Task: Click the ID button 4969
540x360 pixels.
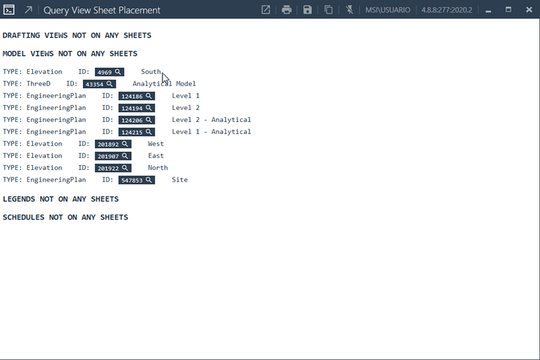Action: click(x=109, y=72)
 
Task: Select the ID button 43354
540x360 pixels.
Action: click(x=100, y=84)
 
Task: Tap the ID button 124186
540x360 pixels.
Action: click(x=137, y=96)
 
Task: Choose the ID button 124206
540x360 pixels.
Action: click(x=137, y=120)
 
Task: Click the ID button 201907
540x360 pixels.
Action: click(x=113, y=156)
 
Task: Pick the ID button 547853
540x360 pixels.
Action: click(x=137, y=180)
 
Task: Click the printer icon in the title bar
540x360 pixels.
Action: click(x=286, y=10)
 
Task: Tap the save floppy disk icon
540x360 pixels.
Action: click(x=307, y=10)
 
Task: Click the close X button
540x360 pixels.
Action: click(x=530, y=10)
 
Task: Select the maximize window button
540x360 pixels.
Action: click(x=509, y=9)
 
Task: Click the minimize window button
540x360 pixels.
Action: click(x=488, y=11)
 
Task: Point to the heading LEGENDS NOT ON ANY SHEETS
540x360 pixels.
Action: click(x=61, y=199)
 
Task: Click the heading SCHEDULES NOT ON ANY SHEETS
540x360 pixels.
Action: click(x=65, y=217)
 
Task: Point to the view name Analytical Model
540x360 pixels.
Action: click(x=164, y=84)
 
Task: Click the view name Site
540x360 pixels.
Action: click(x=180, y=180)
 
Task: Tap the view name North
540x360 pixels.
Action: click(x=158, y=168)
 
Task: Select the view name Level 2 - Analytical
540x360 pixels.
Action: click(x=211, y=120)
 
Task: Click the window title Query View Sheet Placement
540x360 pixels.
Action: click(x=102, y=10)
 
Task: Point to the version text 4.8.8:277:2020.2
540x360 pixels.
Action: click(x=447, y=10)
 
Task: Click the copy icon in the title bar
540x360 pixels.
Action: click(x=329, y=10)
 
